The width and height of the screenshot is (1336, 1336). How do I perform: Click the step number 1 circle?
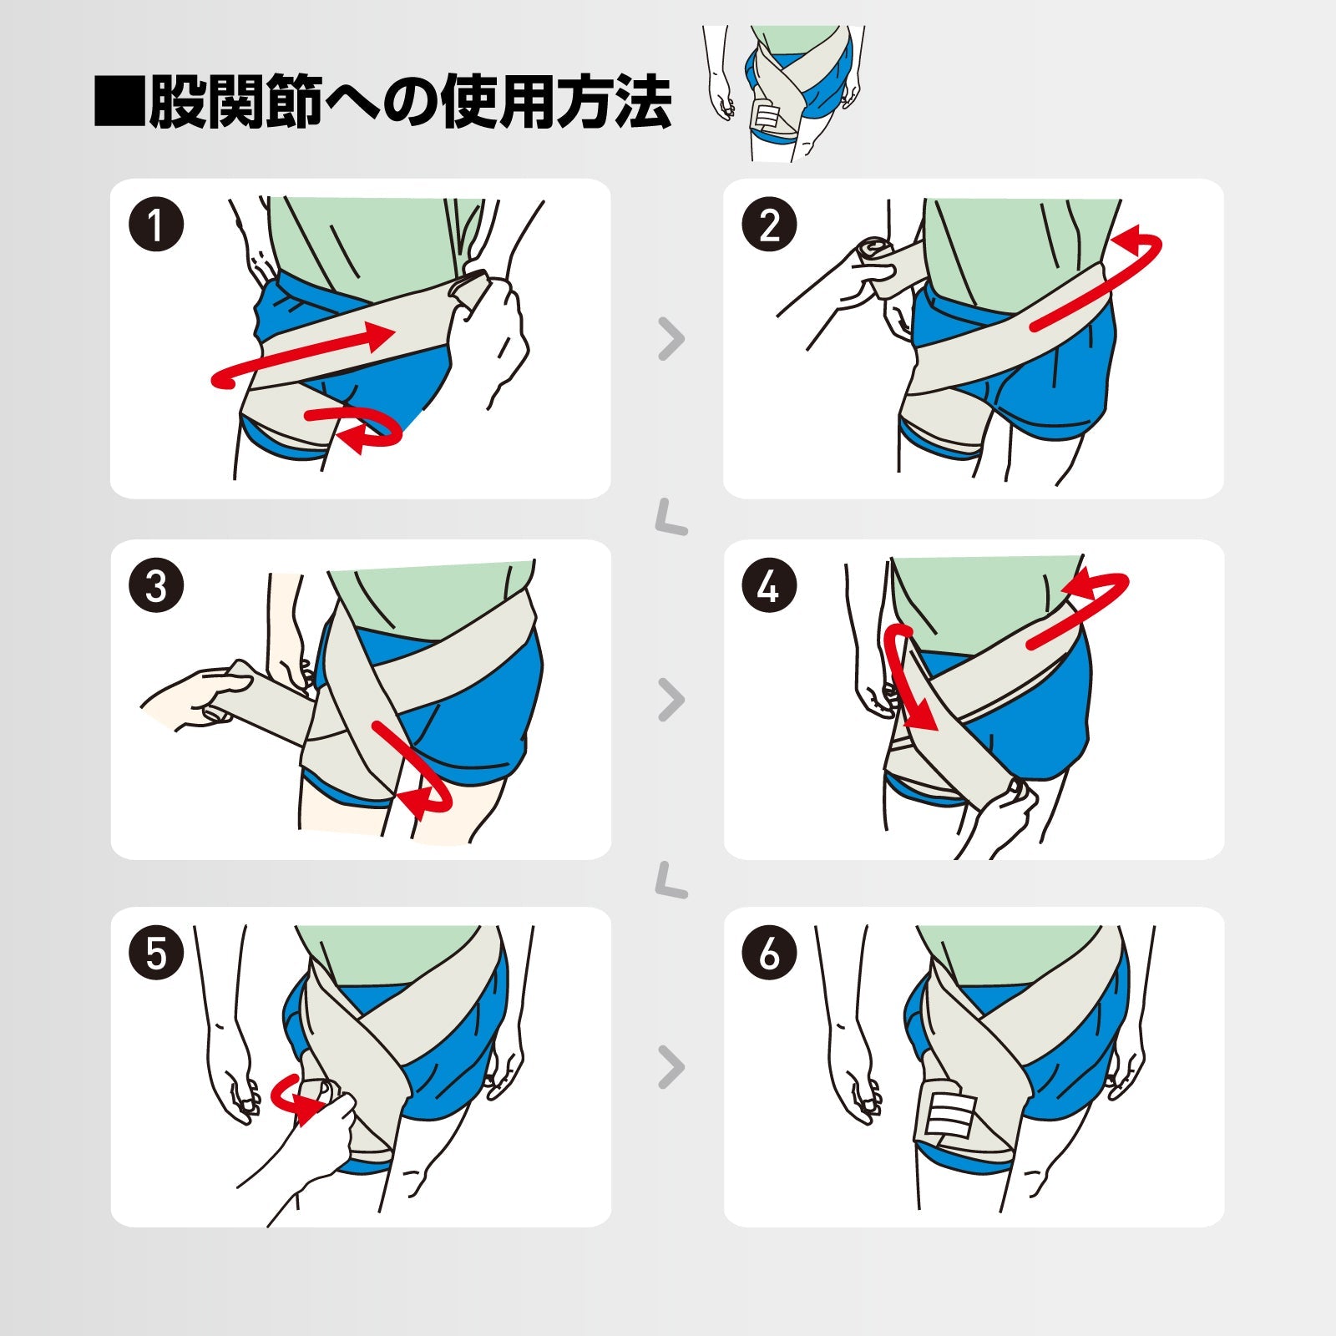tap(156, 225)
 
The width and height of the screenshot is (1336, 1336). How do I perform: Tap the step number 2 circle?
tap(769, 225)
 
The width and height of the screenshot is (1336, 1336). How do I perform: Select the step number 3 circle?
tap(156, 586)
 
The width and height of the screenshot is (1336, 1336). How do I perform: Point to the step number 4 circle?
tap(769, 586)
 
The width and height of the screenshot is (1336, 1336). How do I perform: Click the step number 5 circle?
tap(156, 953)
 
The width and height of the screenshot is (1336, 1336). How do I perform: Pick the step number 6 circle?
tap(769, 953)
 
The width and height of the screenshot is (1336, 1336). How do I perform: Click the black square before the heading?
tap(119, 102)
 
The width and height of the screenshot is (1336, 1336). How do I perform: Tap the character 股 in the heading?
tap(177, 102)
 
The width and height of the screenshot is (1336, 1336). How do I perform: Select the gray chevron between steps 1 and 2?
tap(671, 339)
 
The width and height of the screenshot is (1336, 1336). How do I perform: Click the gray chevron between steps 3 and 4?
tap(671, 700)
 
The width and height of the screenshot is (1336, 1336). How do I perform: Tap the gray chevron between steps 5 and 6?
tap(671, 1067)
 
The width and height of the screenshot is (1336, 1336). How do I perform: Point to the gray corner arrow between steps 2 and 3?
tap(671, 519)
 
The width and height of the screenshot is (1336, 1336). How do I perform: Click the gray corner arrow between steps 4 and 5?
tap(671, 882)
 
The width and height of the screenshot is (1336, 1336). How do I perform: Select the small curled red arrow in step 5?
tap(294, 1097)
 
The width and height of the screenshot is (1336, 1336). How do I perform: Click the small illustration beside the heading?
tap(782, 92)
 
